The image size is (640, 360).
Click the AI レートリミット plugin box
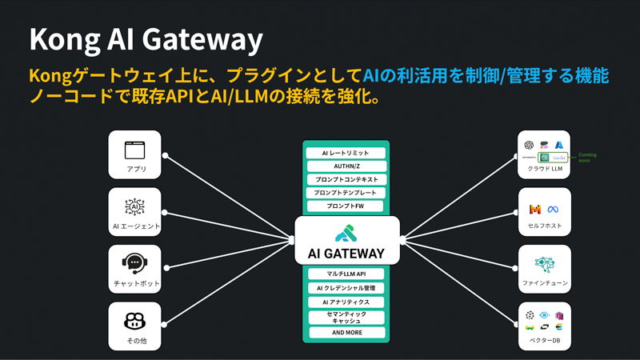(346, 153)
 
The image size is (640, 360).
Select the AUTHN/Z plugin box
(346, 166)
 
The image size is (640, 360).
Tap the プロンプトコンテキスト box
(346, 179)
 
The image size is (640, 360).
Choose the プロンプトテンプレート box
(346, 193)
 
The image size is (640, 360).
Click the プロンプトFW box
(346, 206)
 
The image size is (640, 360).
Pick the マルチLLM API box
(346, 274)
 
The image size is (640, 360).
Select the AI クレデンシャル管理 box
(346, 288)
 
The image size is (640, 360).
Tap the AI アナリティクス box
(346, 302)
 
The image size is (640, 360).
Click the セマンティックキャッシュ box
(346, 318)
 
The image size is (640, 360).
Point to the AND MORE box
(346, 333)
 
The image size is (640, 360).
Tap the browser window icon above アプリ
(134, 150)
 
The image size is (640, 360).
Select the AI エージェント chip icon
(134, 206)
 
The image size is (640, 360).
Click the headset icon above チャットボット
(134, 263)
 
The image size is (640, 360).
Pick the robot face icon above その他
(134, 321)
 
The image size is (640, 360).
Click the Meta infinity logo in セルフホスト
(552, 210)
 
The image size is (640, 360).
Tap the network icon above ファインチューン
(544, 264)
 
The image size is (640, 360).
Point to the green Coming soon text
(587, 158)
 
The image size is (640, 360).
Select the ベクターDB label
(544, 341)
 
